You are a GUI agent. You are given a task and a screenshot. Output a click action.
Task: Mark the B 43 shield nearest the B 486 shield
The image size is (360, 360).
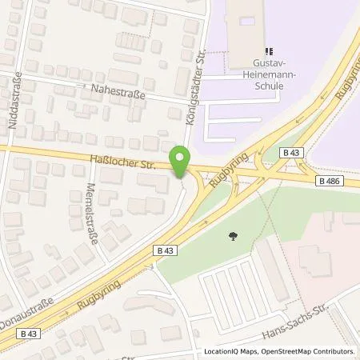pos(289,152)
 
